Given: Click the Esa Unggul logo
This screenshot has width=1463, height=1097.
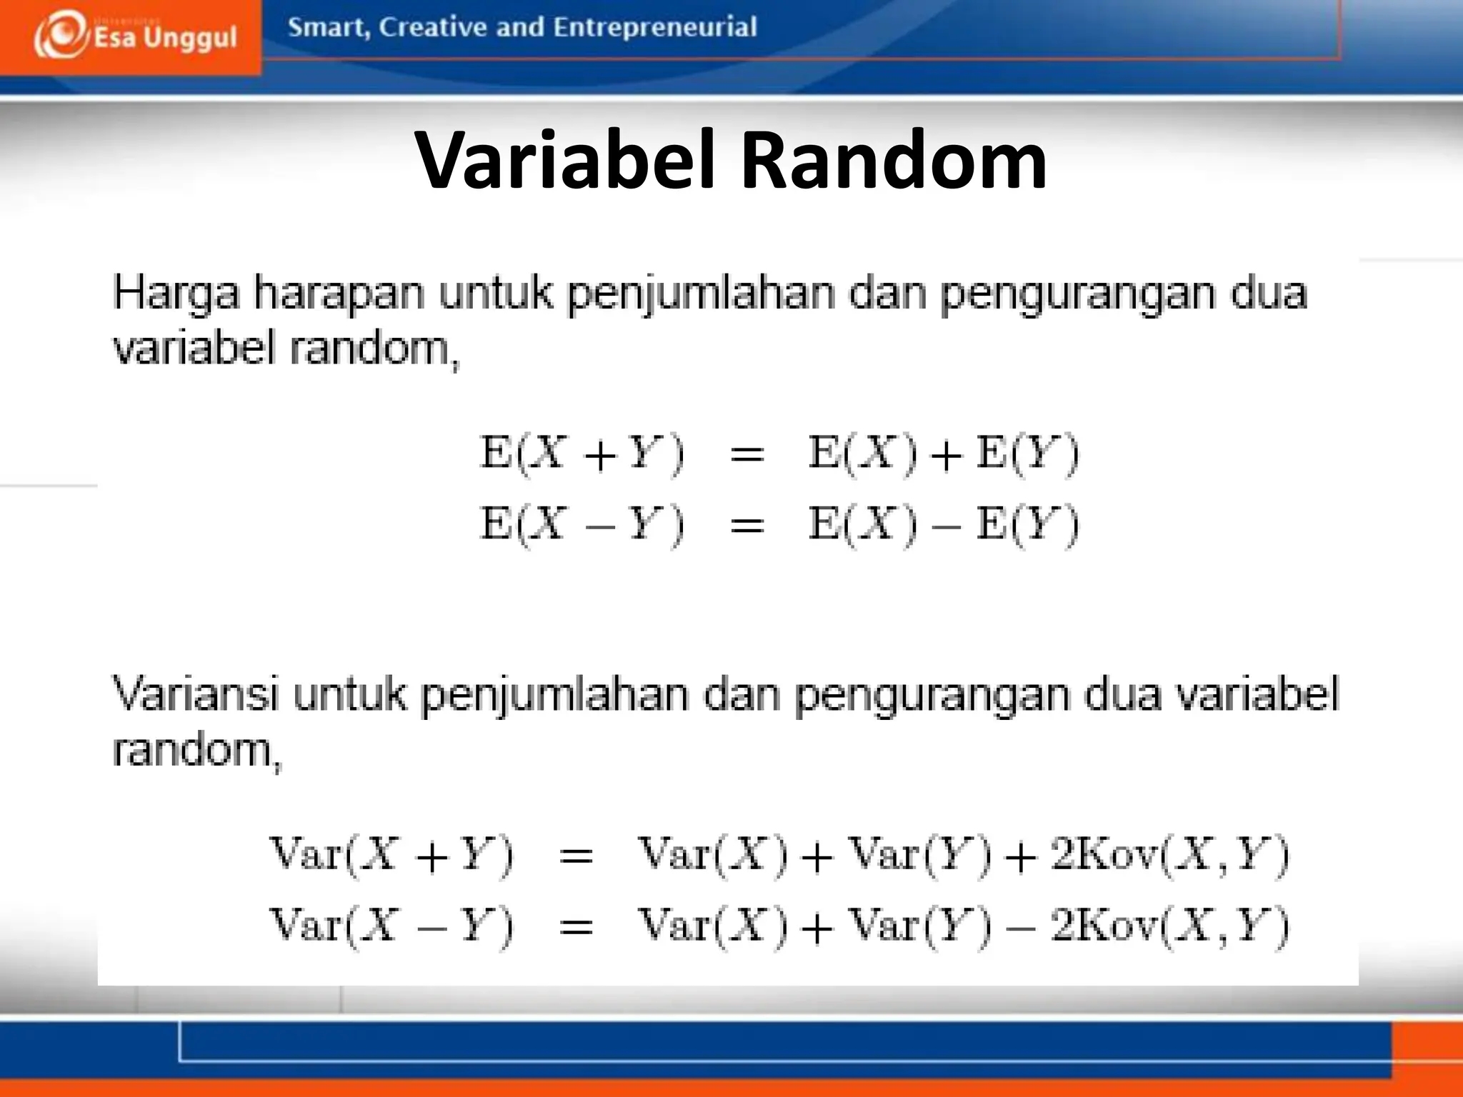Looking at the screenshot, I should [x=134, y=36].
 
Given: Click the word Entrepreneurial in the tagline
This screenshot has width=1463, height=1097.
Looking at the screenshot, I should [x=654, y=28].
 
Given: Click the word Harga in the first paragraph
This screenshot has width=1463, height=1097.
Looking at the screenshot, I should [x=176, y=294].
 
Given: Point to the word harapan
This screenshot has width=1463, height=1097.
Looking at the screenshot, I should [x=339, y=294].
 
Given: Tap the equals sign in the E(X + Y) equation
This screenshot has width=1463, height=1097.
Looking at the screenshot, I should [x=747, y=455].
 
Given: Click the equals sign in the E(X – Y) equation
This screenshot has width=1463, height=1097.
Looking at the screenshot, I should [x=747, y=526].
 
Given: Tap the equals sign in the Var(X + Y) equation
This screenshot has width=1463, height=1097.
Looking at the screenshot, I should [x=576, y=856].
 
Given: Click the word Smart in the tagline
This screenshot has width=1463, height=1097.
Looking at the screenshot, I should [x=329, y=28].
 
